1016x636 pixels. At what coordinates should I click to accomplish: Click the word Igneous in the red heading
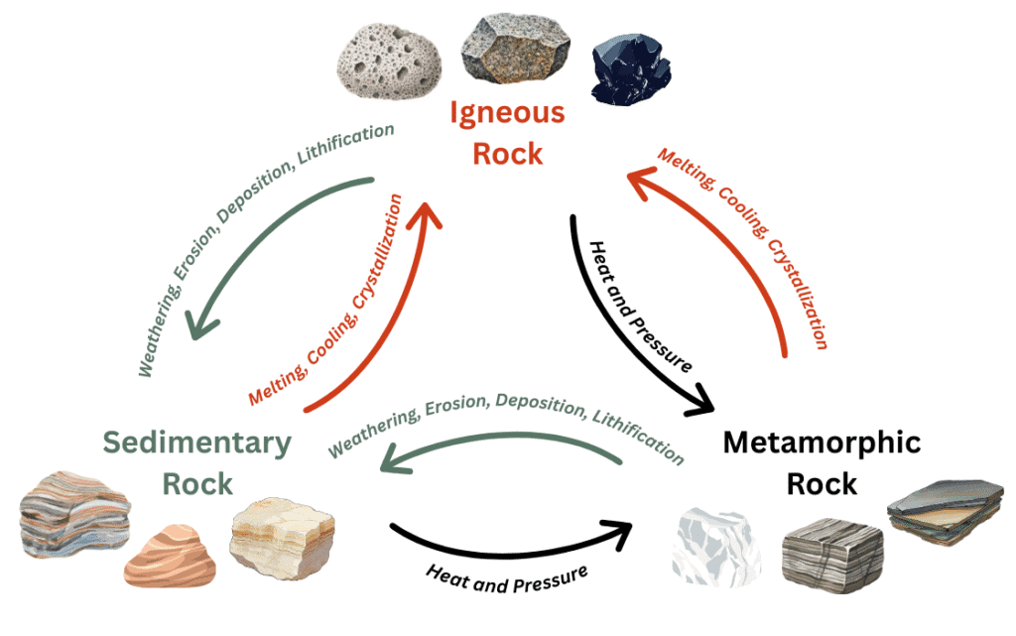pos(507,112)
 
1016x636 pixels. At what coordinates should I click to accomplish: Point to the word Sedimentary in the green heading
pos(197,443)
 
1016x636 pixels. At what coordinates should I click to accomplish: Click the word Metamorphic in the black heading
pos(822,443)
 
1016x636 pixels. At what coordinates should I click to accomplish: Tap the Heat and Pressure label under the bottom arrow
pos(507,577)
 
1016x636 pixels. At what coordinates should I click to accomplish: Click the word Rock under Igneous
pos(507,154)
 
